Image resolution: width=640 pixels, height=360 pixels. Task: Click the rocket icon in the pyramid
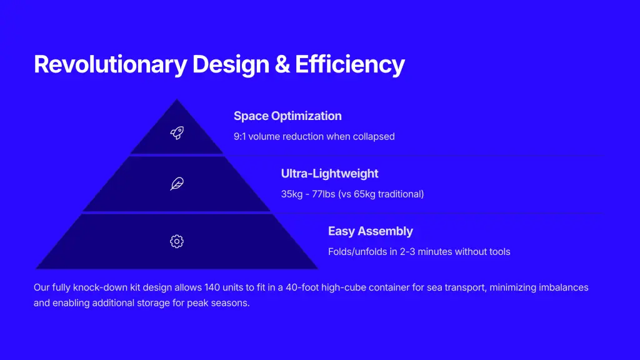click(x=177, y=132)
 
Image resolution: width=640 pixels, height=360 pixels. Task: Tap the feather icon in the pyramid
click(x=177, y=184)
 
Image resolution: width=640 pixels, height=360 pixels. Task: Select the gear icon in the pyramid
click(x=177, y=241)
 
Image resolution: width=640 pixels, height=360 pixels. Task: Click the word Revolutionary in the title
click(x=110, y=64)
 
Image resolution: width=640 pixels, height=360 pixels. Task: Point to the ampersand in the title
click(x=282, y=64)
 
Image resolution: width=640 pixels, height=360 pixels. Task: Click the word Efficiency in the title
click(x=350, y=64)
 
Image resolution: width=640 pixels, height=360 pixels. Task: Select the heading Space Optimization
click(x=287, y=116)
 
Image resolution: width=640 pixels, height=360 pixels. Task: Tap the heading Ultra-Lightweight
click(x=330, y=174)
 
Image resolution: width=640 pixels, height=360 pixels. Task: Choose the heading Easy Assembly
click(x=371, y=231)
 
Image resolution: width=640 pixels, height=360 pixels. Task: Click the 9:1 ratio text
click(x=240, y=136)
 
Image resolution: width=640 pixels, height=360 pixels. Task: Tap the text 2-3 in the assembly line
click(x=407, y=251)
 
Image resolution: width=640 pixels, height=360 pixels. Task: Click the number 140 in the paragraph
click(x=212, y=287)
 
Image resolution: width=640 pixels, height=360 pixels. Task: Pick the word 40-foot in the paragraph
click(x=302, y=287)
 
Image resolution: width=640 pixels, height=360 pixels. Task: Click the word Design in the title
click(x=231, y=64)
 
